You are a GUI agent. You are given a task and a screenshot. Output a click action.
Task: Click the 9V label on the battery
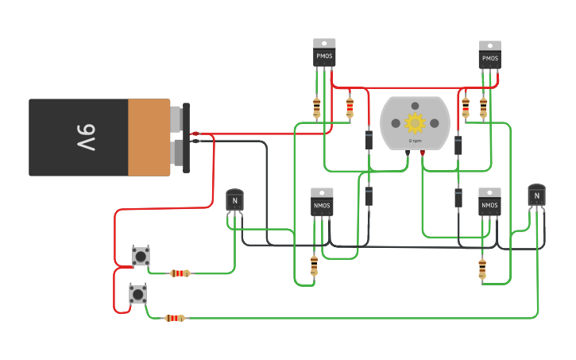pyautogui.click(x=85, y=137)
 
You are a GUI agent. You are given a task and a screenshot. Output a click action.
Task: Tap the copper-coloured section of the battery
pyautogui.click(x=149, y=137)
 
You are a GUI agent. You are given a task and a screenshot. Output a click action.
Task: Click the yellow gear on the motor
pyautogui.click(x=415, y=123)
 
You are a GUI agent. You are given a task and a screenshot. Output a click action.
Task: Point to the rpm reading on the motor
pyautogui.click(x=415, y=141)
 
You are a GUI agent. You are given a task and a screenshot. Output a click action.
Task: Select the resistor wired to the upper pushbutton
pyautogui.click(x=180, y=273)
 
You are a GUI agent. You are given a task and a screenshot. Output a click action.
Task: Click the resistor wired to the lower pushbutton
pyautogui.click(x=175, y=318)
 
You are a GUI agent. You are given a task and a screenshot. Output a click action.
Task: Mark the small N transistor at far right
pyautogui.click(x=537, y=195)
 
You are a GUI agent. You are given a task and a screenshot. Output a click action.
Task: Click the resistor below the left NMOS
pyautogui.click(x=314, y=265)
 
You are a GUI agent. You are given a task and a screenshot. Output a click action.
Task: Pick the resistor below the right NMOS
pyautogui.click(x=482, y=269)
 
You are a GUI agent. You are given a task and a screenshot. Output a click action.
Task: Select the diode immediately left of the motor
pyautogui.click(x=369, y=140)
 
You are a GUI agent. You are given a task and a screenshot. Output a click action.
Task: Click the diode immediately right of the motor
pyautogui.click(x=458, y=145)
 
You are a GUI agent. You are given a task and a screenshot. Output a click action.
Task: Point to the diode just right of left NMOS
pyautogui.click(x=369, y=196)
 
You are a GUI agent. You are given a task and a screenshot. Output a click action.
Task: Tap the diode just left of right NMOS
pyautogui.click(x=458, y=198)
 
